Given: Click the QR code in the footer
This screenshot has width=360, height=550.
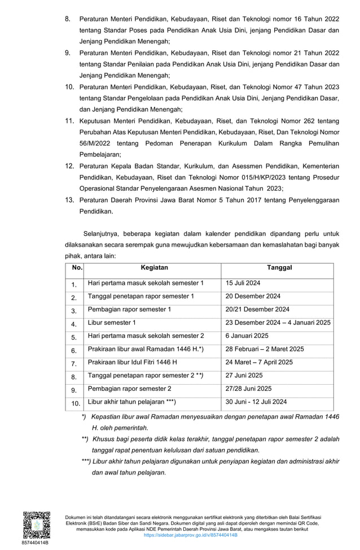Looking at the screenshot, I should pos(35,524).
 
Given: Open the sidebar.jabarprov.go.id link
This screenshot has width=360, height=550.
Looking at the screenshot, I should pos(191,535).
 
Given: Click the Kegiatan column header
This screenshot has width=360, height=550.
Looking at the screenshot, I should pos(154,267).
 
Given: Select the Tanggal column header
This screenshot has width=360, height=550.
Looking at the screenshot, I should pos(279,267).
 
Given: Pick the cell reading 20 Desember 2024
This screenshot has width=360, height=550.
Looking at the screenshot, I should pos(253,296).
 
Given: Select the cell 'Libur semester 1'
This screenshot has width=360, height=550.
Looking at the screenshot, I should pos(112,323).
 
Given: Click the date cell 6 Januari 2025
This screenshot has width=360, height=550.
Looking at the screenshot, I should pos(247,336).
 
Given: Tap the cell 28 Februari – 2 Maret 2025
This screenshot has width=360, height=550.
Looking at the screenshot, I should pos(265,349).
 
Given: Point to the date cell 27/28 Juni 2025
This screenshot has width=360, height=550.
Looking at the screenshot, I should pos(249,389).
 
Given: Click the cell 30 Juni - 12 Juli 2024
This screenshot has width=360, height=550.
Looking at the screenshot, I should pos(256,402).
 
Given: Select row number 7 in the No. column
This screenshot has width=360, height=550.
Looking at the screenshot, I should pos(73,364).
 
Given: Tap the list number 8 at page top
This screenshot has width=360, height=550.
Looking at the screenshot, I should pos(68,20).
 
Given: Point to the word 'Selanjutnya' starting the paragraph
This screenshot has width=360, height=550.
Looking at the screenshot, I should pos(102,233).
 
